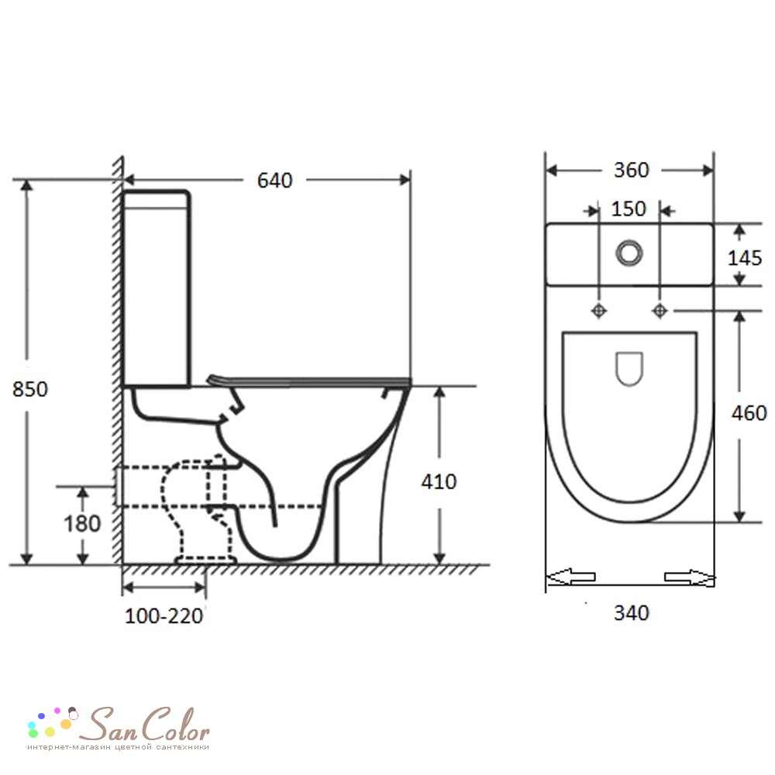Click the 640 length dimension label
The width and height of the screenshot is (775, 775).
click(275, 181)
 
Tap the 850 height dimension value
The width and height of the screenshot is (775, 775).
click(30, 390)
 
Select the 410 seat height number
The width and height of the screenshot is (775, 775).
click(439, 481)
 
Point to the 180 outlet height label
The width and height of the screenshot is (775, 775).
click(82, 523)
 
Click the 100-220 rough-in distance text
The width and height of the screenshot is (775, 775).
click(164, 616)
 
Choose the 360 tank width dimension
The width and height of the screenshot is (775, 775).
click(631, 170)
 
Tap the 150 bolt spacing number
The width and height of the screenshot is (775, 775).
click(629, 209)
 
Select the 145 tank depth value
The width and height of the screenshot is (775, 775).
click(745, 257)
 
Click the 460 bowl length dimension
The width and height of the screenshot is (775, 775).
click(749, 413)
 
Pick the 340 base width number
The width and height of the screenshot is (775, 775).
click(631, 613)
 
